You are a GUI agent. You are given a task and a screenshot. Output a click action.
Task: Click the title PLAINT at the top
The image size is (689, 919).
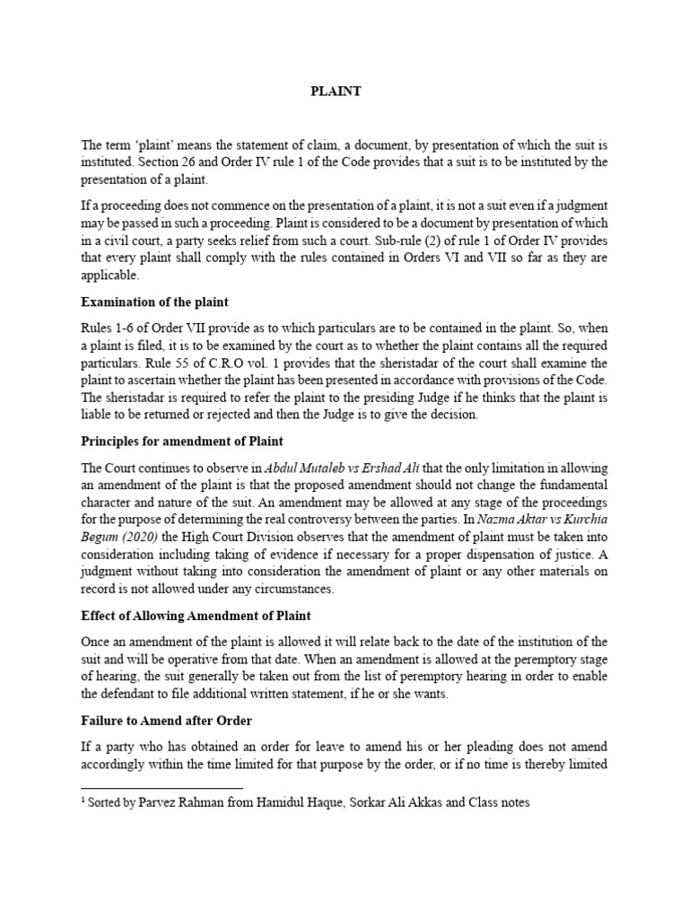[x=336, y=92]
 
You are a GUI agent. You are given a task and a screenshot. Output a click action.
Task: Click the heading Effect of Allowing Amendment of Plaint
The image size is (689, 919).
[x=196, y=617]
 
